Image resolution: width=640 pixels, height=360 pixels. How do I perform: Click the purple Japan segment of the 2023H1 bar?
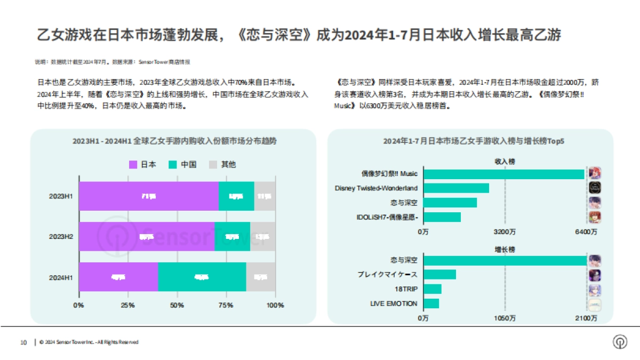(148, 196)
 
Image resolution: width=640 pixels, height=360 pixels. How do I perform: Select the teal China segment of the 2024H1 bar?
(202, 277)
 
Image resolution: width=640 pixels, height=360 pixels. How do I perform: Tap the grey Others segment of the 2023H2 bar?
(262, 236)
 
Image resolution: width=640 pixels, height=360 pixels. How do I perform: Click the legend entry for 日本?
(143, 164)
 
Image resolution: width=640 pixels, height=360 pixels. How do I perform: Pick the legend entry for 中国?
(183, 164)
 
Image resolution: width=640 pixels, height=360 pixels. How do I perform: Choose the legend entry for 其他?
(222, 164)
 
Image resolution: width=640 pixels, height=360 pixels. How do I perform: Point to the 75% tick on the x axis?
(226, 306)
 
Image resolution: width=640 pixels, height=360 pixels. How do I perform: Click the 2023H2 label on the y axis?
(60, 236)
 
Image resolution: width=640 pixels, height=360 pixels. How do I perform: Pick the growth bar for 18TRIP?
(433, 289)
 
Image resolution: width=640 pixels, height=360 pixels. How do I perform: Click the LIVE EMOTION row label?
(394, 303)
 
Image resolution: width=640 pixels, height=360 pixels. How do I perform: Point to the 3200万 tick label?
(505, 232)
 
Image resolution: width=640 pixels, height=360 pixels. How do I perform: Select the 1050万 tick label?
(505, 318)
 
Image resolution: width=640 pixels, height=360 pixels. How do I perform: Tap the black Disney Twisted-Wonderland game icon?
(595, 188)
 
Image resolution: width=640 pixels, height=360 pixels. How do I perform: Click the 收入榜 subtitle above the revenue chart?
(505, 161)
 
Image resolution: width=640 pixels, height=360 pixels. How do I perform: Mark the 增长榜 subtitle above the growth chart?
(505, 249)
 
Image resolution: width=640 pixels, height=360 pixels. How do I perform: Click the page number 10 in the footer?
(23, 342)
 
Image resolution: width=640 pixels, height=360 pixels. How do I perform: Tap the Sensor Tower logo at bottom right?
(620, 342)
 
